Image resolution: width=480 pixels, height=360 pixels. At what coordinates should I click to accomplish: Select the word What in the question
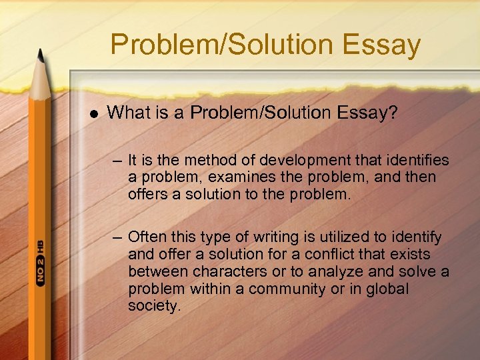pyautogui.click(x=129, y=114)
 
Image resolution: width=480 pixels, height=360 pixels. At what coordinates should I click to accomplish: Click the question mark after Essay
pyautogui.click(x=393, y=114)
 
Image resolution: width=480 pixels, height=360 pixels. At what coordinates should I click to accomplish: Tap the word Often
pyautogui.click(x=147, y=237)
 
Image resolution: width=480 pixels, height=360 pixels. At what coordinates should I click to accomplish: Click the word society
pyautogui.click(x=153, y=307)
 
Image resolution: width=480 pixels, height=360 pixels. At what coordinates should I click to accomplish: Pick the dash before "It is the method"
pyautogui.click(x=118, y=161)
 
